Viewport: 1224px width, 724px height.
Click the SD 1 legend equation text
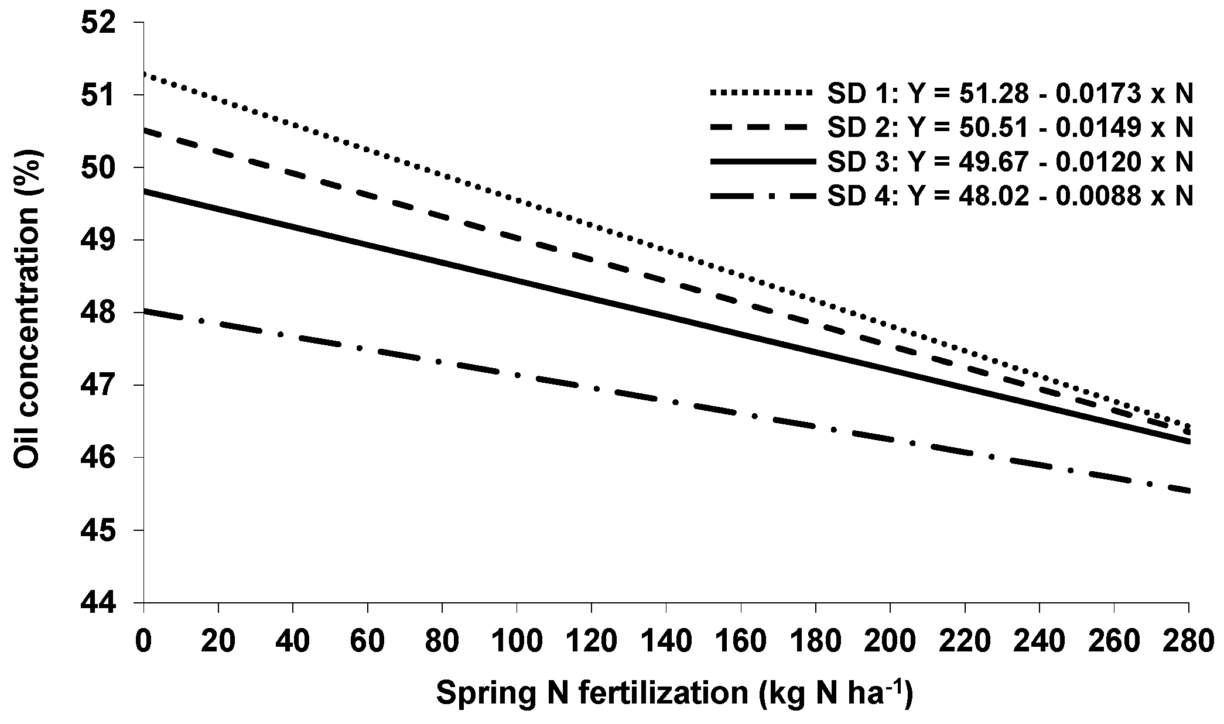(x=1010, y=94)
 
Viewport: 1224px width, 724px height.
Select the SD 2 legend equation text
(x=1010, y=128)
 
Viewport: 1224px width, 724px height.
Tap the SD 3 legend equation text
(x=1010, y=163)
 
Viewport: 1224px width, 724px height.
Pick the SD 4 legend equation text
(x=1010, y=197)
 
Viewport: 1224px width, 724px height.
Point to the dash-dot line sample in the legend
(x=761, y=197)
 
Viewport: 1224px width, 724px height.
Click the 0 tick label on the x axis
(x=143, y=641)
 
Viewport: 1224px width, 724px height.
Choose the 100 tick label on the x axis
(x=517, y=641)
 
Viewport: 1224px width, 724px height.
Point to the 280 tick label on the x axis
(x=1188, y=641)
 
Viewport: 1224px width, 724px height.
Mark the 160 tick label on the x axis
(x=740, y=641)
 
